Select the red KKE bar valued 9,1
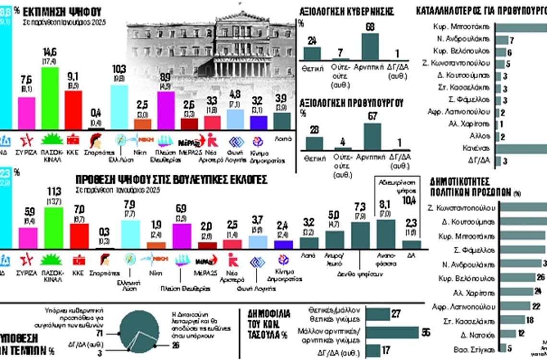point(73,109)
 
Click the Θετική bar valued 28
point(314,143)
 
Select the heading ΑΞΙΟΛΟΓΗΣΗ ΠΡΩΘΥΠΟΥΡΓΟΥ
point(351,103)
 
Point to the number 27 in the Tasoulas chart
point(396,314)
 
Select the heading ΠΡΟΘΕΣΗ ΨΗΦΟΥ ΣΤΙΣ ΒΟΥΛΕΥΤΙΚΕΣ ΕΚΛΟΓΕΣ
point(171,180)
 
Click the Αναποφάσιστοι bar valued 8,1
point(386,233)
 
